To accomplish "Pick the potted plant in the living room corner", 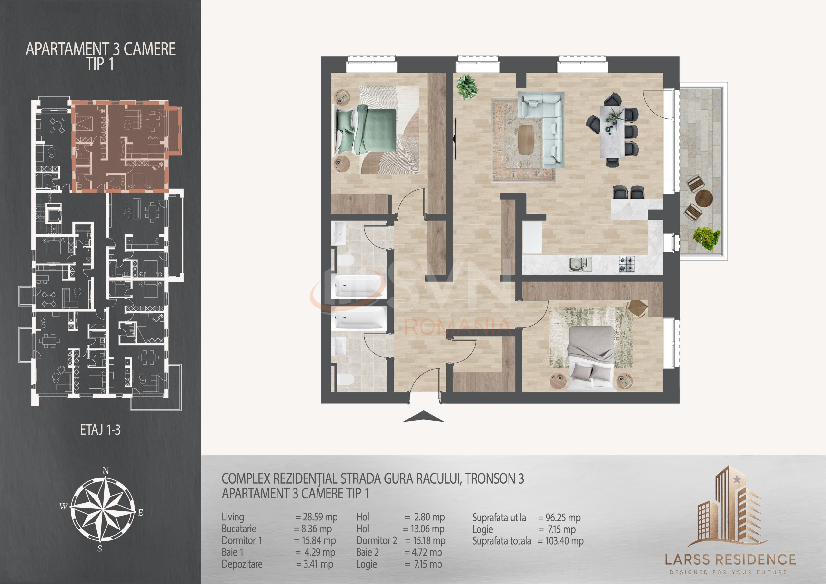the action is click(467, 86).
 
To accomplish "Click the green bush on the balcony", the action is click(707, 238).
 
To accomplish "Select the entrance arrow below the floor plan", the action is click(423, 416).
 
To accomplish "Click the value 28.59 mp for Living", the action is click(317, 518).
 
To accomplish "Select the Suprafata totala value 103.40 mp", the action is click(561, 541).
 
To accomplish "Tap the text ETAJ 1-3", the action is click(100, 430).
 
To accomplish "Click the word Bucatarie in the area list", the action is click(239, 529).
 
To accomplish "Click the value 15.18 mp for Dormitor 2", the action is click(425, 540).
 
